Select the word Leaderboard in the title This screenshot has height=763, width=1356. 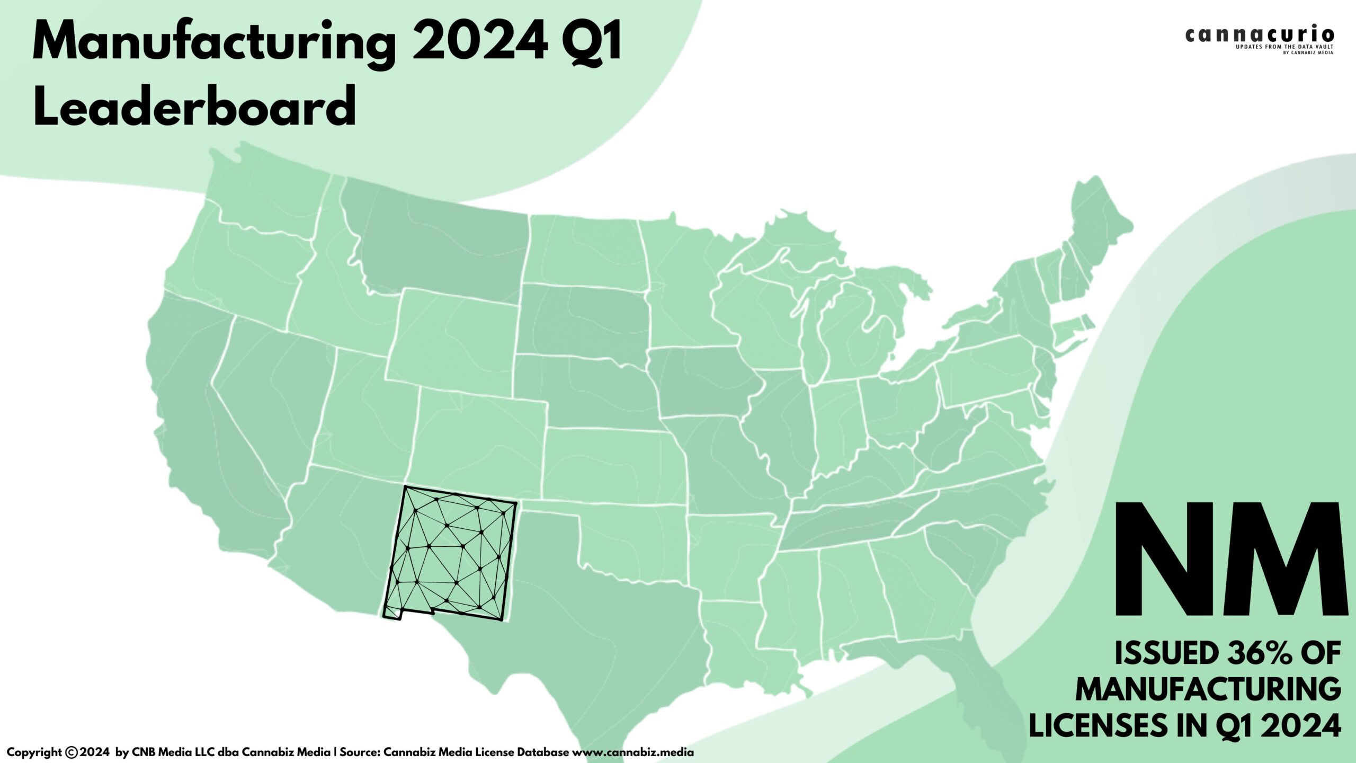pos(194,107)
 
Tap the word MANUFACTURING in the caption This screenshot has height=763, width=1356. pos(1208,689)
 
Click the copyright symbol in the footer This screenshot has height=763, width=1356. pos(72,752)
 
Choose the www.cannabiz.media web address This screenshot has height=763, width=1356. pos(632,752)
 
